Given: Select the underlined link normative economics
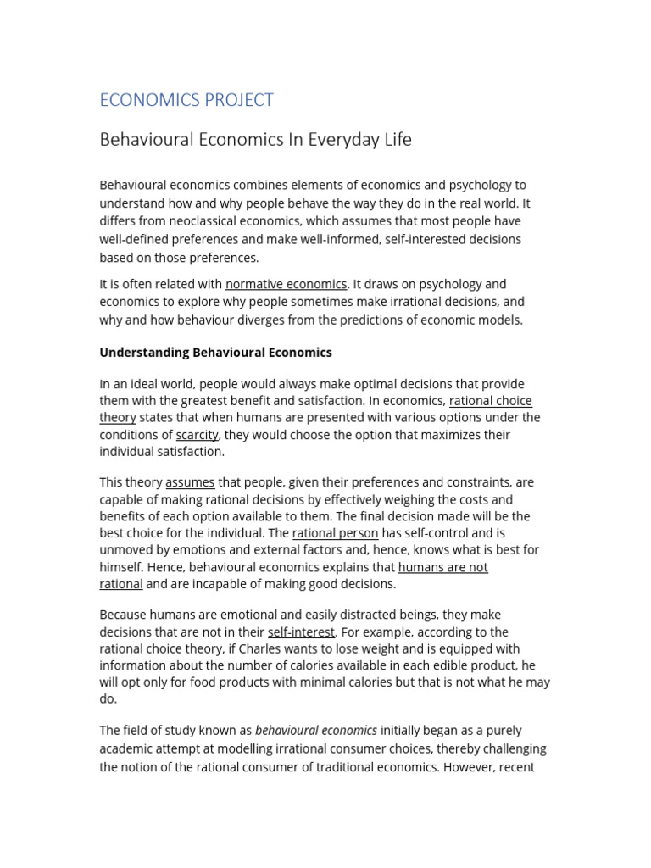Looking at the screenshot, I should click(x=286, y=284).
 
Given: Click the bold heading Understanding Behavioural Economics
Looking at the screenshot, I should click(x=215, y=352).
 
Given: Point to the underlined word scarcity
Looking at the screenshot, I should click(x=197, y=435).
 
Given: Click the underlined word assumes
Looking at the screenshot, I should click(x=190, y=482).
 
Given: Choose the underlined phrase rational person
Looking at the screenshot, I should click(x=335, y=533).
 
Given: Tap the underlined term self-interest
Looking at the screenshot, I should click(x=301, y=632).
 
